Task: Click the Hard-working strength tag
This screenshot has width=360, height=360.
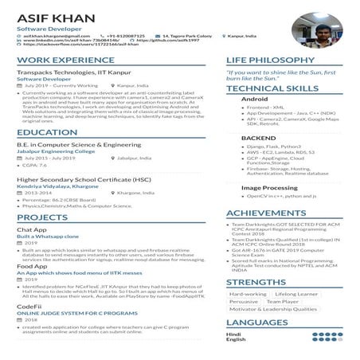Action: (248, 295)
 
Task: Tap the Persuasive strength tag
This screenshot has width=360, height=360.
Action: (244, 303)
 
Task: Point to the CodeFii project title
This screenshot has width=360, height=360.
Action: (29, 306)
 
